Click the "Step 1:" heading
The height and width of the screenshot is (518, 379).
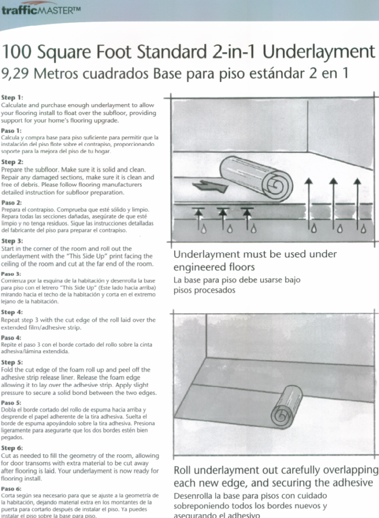click(x=12, y=98)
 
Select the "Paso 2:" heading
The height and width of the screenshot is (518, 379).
click(x=12, y=202)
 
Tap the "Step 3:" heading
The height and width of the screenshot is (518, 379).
click(x=12, y=241)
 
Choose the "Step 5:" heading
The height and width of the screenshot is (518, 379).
click(x=12, y=362)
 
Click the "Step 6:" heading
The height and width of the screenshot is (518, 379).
click(x=12, y=448)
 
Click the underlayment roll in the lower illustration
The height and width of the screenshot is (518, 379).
click(x=286, y=406)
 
